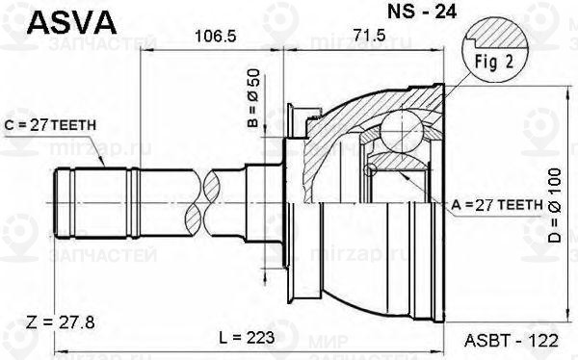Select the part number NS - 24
(x=394, y=15)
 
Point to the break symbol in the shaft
(x=201, y=203)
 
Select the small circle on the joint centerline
(x=368, y=171)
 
